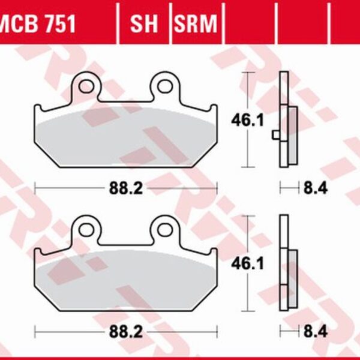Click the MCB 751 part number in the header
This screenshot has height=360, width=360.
pos(37,25)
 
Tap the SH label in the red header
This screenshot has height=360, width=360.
pos(144,25)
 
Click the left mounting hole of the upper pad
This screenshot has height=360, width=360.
pos(86,86)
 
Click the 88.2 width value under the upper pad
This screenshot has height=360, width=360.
pos(125,188)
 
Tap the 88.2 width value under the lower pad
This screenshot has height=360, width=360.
pos(125,331)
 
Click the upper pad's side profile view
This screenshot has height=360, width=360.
pos(284,120)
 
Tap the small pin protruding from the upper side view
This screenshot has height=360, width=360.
pos(275,134)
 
